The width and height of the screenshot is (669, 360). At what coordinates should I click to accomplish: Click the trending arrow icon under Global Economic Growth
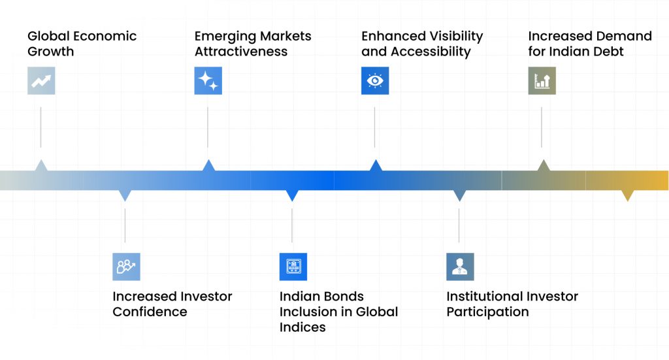(41, 80)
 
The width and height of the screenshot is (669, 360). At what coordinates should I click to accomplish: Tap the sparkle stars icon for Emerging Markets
(208, 80)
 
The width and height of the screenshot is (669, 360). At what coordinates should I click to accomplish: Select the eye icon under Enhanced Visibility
(375, 80)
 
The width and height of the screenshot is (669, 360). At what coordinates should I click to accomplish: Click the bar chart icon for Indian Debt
(542, 80)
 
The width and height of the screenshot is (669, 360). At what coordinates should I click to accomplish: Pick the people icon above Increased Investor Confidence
(126, 267)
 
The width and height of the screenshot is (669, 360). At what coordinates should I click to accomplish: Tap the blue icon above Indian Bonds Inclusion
(293, 267)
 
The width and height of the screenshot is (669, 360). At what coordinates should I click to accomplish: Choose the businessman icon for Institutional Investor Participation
(460, 267)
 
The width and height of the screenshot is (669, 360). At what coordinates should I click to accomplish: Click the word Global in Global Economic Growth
(46, 36)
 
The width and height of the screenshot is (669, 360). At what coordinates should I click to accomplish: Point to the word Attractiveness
(241, 52)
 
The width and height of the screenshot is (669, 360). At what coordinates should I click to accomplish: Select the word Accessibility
(431, 52)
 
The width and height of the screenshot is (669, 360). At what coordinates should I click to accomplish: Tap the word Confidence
(150, 312)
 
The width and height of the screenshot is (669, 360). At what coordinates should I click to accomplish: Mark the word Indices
(302, 327)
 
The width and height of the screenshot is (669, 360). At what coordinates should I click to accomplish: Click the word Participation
(487, 312)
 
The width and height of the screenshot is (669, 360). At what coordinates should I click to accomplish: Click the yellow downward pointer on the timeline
(628, 195)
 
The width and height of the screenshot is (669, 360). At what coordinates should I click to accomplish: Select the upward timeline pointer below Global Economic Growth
(41, 165)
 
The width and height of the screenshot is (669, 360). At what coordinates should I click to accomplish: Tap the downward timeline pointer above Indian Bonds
(292, 195)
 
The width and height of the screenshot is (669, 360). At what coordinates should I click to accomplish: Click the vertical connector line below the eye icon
(374, 127)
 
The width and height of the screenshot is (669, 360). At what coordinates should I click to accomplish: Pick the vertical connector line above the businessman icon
(459, 225)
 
